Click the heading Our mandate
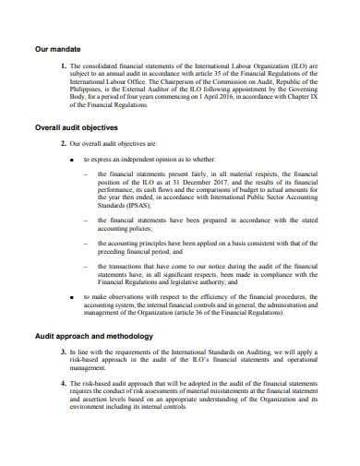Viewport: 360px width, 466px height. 56,47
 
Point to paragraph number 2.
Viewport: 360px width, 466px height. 64,144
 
